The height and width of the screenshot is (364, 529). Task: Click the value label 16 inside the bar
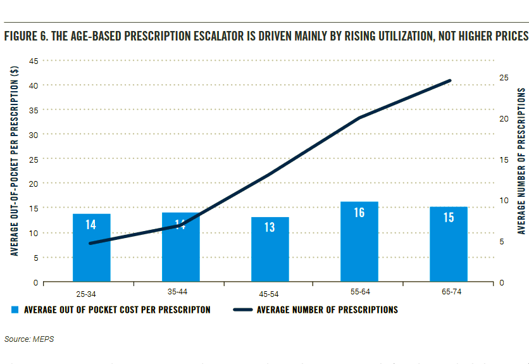point(359,213)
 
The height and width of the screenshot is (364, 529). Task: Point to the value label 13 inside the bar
point(270,227)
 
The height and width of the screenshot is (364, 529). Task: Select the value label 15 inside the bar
point(448,217)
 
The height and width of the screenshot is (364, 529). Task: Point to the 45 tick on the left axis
point(34,61)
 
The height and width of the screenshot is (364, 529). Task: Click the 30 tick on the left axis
point(34,135)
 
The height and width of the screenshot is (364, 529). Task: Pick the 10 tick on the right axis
point(504,201)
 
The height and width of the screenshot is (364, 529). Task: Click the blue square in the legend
point(15,310)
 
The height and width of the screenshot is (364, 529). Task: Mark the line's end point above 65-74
point(450,80)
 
